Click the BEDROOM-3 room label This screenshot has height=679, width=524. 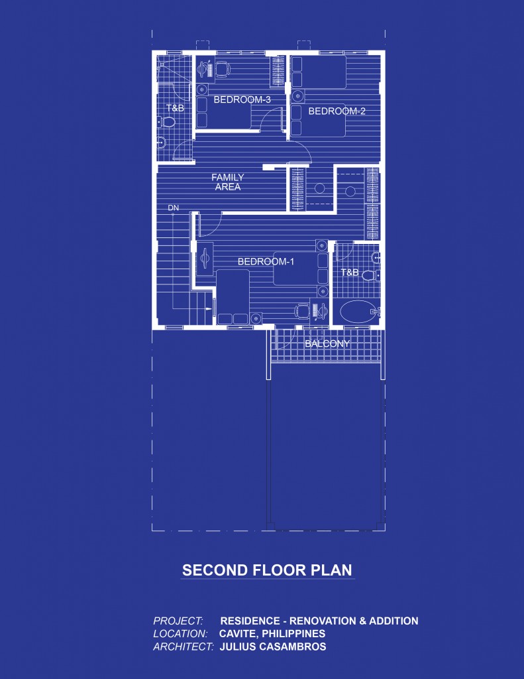(242, 100)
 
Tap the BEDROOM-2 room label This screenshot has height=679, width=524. (337, 111)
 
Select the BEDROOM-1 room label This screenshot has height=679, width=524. (266, 262)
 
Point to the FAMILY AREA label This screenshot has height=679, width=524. (227, 182)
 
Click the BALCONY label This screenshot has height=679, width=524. (327, 343)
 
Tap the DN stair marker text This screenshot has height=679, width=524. (174, 208)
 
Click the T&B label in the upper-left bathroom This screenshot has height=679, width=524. (175, 107)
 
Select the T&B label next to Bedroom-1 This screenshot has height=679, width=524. (350, 273)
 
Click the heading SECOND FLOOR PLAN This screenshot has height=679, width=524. (267, 570)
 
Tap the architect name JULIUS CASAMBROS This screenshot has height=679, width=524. (273, 647)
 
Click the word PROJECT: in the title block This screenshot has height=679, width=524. (178, 621)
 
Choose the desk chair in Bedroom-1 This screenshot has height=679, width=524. (301, 310)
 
